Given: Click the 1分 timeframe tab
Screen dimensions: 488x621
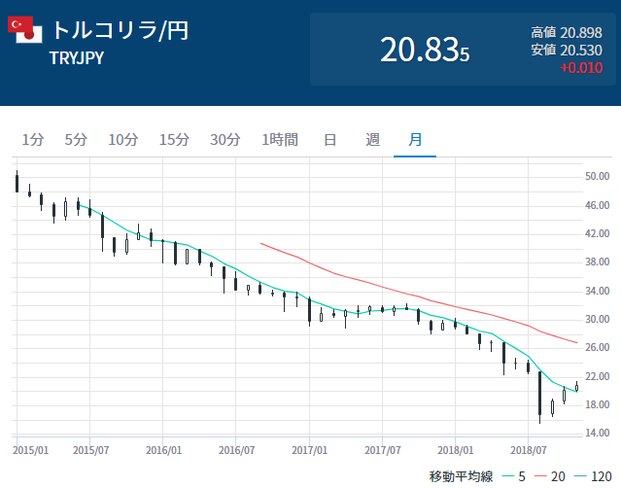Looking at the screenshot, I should [x=32, y=139].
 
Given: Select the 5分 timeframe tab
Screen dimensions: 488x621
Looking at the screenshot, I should [x=76, y=139].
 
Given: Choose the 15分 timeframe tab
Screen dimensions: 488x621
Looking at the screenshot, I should [x=174, y=139].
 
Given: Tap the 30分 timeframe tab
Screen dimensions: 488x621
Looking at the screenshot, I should [x=224, y=139].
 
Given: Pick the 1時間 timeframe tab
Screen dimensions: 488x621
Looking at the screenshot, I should [x=279, y=139].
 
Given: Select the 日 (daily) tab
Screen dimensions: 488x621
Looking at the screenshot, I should [x=329, y=139].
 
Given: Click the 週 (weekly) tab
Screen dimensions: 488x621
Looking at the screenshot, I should [x=372, y=139].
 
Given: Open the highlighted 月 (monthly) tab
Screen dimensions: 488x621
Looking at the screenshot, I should [x=415, y=139].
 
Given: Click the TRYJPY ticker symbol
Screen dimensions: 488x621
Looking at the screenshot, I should [x=77, y=58].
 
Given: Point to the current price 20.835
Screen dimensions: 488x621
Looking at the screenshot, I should [x=425, y=51].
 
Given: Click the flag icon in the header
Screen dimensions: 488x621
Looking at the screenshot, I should [x=24, y=30].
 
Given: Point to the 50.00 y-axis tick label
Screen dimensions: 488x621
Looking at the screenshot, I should [x=597, y=177].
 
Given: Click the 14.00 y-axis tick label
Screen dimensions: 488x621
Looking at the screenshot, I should [x=597, y=433].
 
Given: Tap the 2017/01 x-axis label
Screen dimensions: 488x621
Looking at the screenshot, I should [x=309, y=451].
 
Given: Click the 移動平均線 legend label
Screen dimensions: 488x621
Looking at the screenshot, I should [x=462, y=476].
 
